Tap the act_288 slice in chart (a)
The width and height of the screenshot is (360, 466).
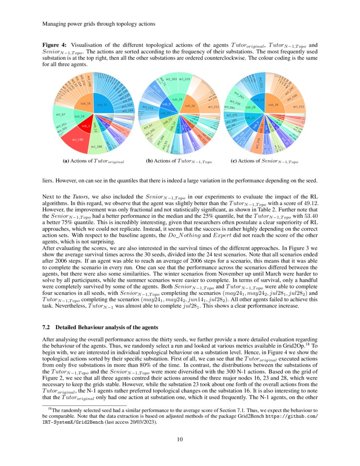(x=97, y=147)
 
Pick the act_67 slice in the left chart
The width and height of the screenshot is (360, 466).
(x=60, y=114)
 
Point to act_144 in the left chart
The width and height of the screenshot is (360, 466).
(x=127, y=110)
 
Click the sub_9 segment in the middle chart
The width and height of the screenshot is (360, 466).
(x=167, y=104)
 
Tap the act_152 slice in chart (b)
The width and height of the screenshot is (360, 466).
(x=213, y=107)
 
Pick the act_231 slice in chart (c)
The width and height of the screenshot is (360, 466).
(x=232, y=115)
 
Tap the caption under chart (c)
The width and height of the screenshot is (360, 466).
(x=264, y=161)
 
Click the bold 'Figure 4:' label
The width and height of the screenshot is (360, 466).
(x=55, y=45)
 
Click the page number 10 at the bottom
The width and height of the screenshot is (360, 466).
(x=180, y=439)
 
